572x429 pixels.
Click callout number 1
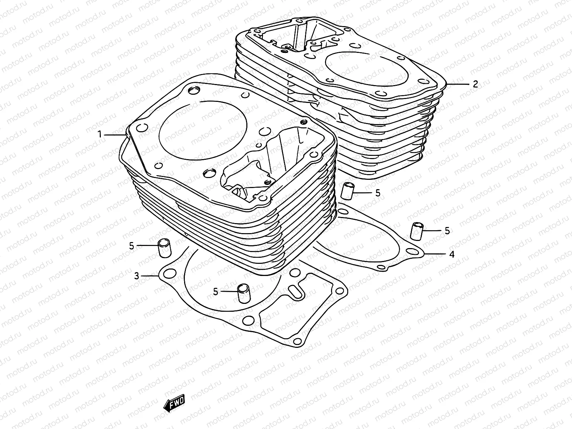pyautogui.click(x=100, y=134)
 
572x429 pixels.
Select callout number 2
pyautogui.click(x=475, y=84)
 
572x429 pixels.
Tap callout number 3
pyautogui.click(x=137, y=276)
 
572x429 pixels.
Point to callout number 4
pyautogui.click(x=452, y=254)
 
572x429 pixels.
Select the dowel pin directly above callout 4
pyautogui.click(x=416, y=231)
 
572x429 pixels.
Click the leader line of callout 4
pyautogui.click(x=434, y=254)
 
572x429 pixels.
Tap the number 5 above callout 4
pyautogui.click(x=447, y=231)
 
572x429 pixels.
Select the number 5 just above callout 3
pyautogui.click(x=132, y=246)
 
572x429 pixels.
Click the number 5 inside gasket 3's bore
pyautogui.click(x=216, y=291)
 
